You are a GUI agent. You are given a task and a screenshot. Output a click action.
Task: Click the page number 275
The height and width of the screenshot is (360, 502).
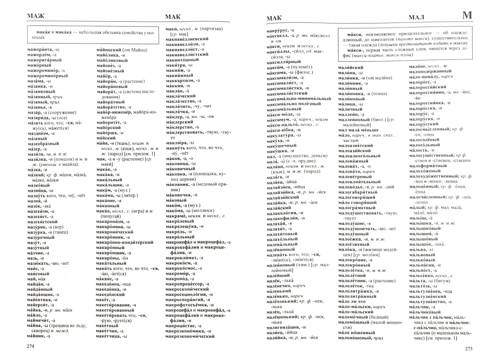pos(468,349)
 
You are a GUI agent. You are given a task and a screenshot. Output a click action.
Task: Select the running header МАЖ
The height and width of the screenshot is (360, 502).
pos(36,17)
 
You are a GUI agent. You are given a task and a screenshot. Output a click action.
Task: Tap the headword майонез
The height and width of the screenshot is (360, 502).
pos(107,65)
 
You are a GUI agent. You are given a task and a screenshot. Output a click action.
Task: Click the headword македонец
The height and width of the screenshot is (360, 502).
pos(108,284)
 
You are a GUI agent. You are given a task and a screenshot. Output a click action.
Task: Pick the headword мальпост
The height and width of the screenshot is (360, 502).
pos(421,270)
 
